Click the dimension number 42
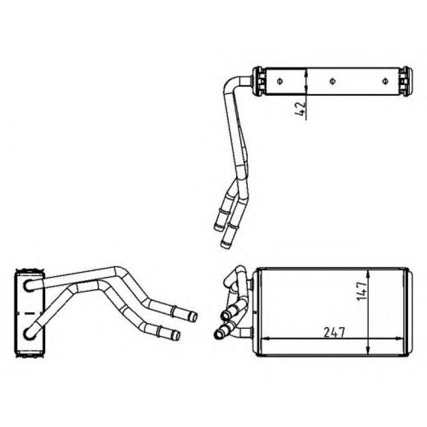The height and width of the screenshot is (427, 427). click(x=301, y=109)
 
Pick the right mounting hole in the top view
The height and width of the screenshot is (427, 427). click(x=386, y=81)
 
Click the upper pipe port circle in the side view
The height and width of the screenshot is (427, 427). click(x=28, y=285)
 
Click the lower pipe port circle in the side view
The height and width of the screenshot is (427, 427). click(x=28, y=334)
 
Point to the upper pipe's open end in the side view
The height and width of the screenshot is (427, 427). click(x=194, y=317)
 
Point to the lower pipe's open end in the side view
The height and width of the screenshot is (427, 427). click(x=176, y=335)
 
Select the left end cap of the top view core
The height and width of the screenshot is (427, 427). click(x=259, y=81)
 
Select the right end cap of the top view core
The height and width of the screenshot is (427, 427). click(x=405, y=81)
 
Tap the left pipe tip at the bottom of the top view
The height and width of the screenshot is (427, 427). click(x=219, y=228)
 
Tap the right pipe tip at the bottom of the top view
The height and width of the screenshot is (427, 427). click(x=226, y=245)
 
